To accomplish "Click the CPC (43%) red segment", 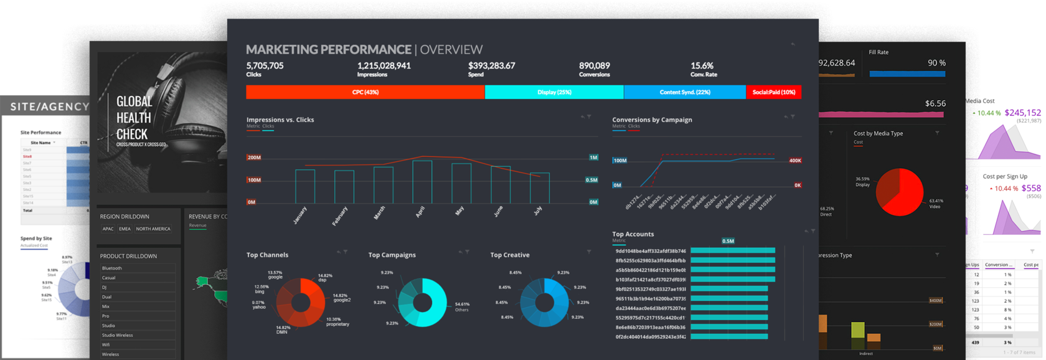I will (x=365, y=92).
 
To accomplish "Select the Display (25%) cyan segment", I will (x=554, y=92).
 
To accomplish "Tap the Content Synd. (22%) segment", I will (x=685, y=92).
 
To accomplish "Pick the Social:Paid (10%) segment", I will (x=773, y=92).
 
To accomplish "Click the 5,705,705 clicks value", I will (x=265, y=65).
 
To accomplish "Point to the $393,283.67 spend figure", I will (x=491, y=65).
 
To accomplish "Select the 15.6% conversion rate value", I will (x=702, y=65).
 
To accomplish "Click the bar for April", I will (x=422, y=182).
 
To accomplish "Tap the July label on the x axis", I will (x=538, y=211).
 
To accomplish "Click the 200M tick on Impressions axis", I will (x=254, y=158).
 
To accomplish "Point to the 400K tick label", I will (x=795, y=161).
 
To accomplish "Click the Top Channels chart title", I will (x=267, y=255).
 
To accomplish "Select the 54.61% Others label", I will (x=462, y=306).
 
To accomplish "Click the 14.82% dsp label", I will (x=325, y=277).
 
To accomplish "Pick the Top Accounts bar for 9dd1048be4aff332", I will (x=732, y=251).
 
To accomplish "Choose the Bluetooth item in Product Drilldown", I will (x=112, y=268).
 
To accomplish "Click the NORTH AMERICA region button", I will (x=153, y=229).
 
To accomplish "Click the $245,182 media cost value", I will (x=1022, y=113).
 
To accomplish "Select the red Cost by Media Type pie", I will (x=899, y=192).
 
